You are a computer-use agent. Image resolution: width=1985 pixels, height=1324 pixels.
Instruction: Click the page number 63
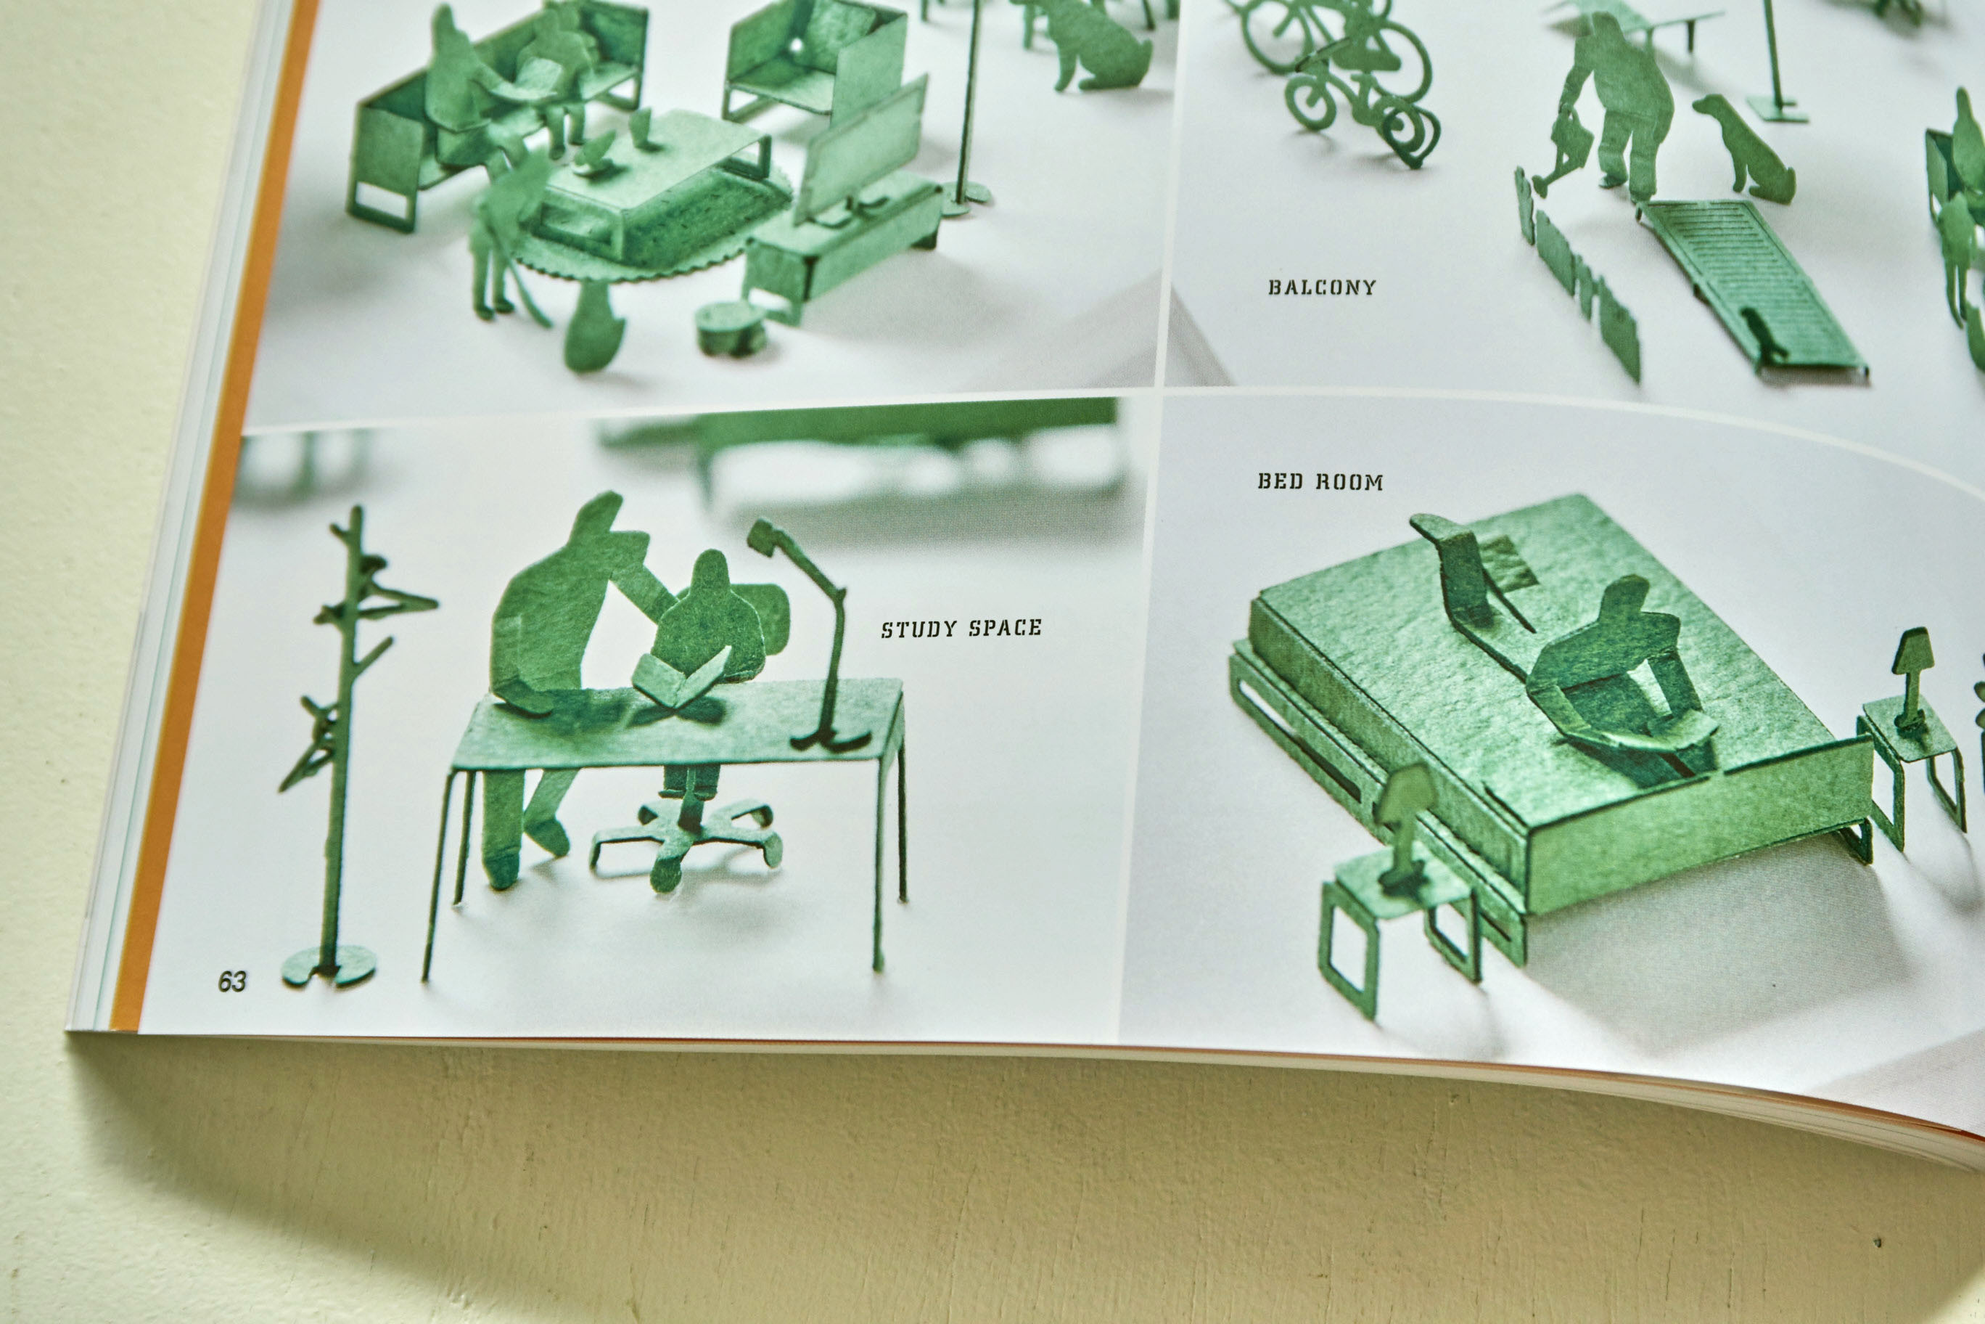click(x=231, y=981)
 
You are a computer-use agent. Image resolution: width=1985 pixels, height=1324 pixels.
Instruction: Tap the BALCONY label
click(x=1322, y=287)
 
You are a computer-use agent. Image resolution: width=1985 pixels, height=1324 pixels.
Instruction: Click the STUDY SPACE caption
click(x=961, y=628)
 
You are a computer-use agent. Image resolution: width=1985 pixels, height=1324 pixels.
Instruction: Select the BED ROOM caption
click(x=1320, y=482)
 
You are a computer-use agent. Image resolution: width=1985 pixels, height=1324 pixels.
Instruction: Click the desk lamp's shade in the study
click(x=765, y=536)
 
